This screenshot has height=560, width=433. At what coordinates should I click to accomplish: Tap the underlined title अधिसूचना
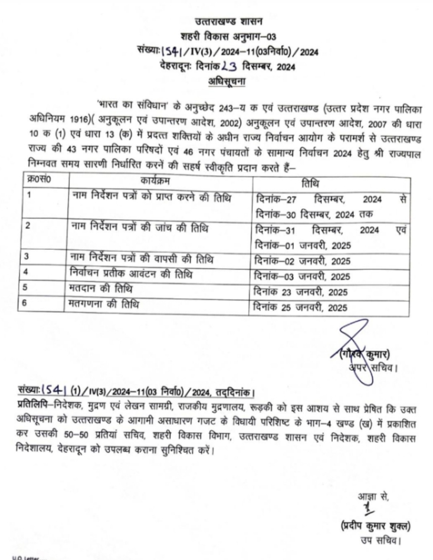coord(227,82)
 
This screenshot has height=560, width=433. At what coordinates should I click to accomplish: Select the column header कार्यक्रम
coord(155,182)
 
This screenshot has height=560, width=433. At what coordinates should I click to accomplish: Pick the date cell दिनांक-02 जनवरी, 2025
coord(303,261)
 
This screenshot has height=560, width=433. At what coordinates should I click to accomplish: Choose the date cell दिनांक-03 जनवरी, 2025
coord(302,276)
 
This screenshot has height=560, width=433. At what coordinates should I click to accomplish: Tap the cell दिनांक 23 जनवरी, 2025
coord(301,292)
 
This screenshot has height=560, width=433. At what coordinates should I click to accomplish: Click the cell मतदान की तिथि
coord(100,289)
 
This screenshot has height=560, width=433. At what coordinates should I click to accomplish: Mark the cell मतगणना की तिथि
coord(103,305)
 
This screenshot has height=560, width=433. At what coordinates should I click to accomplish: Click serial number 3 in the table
coord(26,257)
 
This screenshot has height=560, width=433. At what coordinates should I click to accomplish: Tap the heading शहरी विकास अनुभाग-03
coord(228,37)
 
